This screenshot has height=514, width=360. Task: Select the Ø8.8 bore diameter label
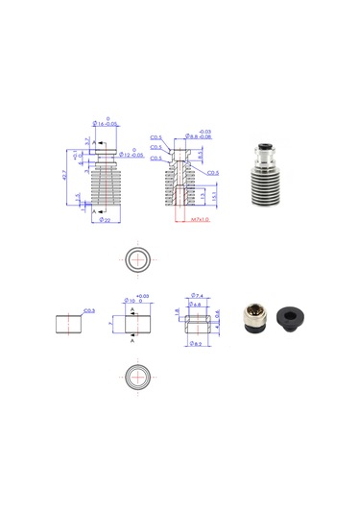coord(200,137)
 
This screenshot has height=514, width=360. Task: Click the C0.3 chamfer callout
coord(88,310)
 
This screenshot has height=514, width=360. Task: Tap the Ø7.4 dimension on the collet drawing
coord(195,295)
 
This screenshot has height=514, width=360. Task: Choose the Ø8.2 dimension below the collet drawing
coord(195,343)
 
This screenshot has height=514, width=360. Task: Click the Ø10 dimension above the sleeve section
coord(132,299)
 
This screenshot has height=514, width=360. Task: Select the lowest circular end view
coord(137,376)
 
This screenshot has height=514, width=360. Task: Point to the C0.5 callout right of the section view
coord(212,173)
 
